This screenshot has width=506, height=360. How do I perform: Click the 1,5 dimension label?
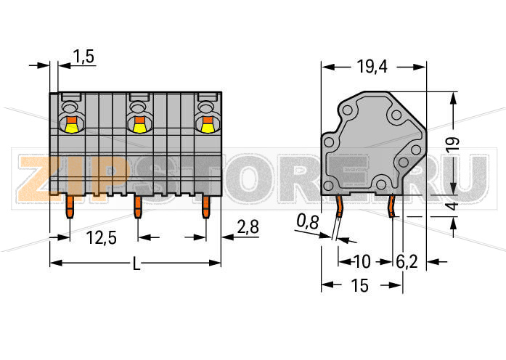(x=83, y=57)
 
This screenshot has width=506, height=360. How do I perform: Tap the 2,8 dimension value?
(x=248, y=228)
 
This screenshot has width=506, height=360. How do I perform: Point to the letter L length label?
(x=136, y=265)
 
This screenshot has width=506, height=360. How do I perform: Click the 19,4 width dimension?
(x=372, y=67)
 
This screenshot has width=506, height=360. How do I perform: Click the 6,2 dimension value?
(x=407, y=261)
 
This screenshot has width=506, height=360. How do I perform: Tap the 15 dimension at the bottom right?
(x=360, y=286)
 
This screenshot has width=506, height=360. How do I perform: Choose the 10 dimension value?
(x=362, y=261)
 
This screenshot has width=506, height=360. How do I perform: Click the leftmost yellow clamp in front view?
(x=70, y=128)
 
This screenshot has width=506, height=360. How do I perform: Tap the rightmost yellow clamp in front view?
(x=207, y=128)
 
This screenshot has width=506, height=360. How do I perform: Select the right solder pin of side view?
(x=391, y=207)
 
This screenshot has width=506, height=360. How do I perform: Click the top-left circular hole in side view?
(x=348, y=110)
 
